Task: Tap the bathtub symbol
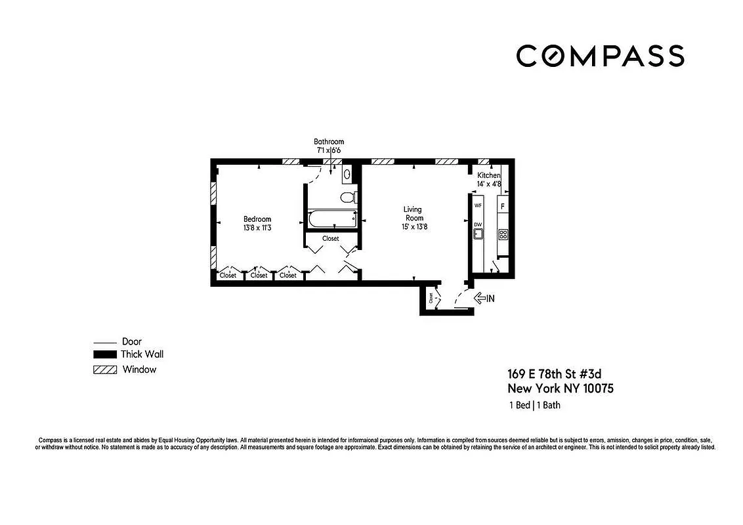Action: pos(331,218)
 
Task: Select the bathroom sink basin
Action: pos(347,174)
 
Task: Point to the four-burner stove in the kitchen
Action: pos(503,234)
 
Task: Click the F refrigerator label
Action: pos(503,206)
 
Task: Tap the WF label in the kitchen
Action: pos(478,206)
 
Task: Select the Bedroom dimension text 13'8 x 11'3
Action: pos(257,228)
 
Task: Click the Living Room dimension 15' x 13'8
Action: pos(413,227)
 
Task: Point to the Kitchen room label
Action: pos(488,175)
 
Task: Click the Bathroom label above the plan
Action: pos(328,142)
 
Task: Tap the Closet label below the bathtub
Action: pos(331,239)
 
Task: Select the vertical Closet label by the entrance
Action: pos(431,297)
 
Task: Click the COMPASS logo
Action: pos(600,56)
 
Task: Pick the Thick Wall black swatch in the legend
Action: pos(104,354)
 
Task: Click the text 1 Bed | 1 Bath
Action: pos(534,405)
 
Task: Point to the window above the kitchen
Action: pos(484,161)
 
